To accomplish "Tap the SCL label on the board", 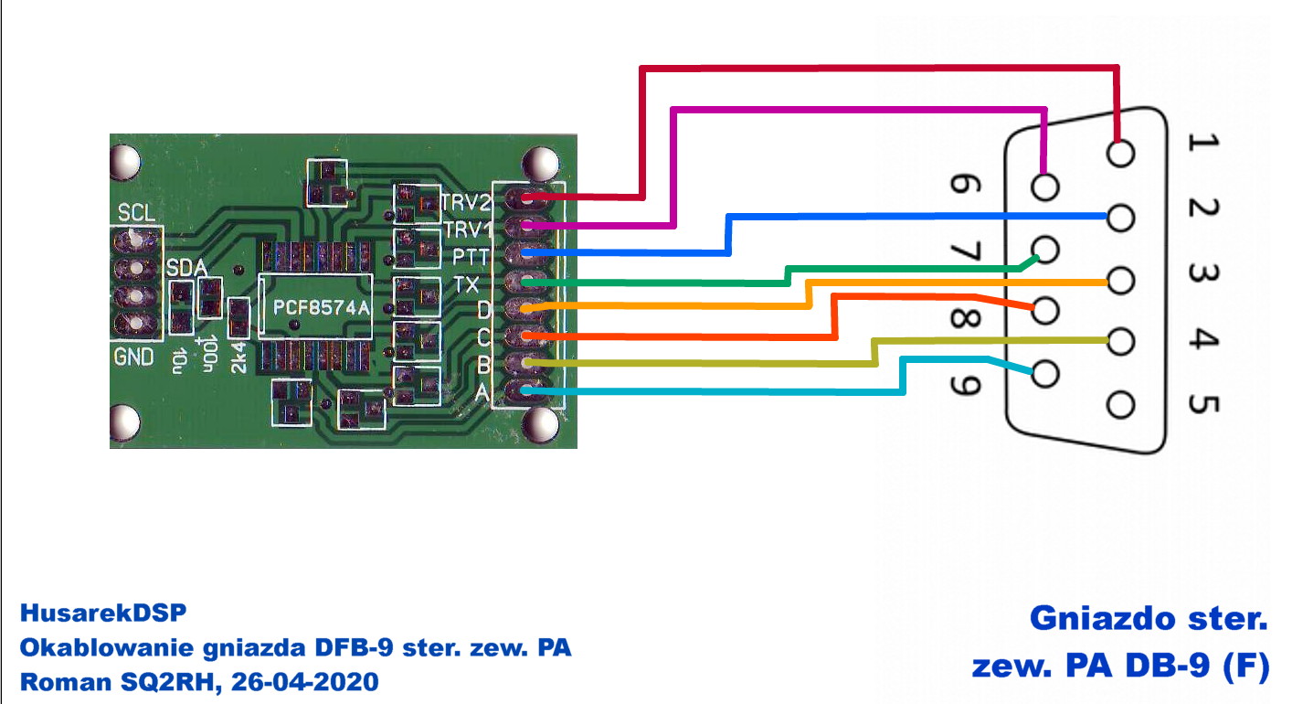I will click(136, 214).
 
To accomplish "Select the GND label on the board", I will click(133, 357).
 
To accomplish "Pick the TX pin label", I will click(466, 284).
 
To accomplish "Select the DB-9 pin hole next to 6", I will click(1045, 187).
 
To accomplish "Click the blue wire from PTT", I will click(914, 217).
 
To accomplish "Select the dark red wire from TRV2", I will click(877, 67).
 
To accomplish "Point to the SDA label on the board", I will click(186, 268).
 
